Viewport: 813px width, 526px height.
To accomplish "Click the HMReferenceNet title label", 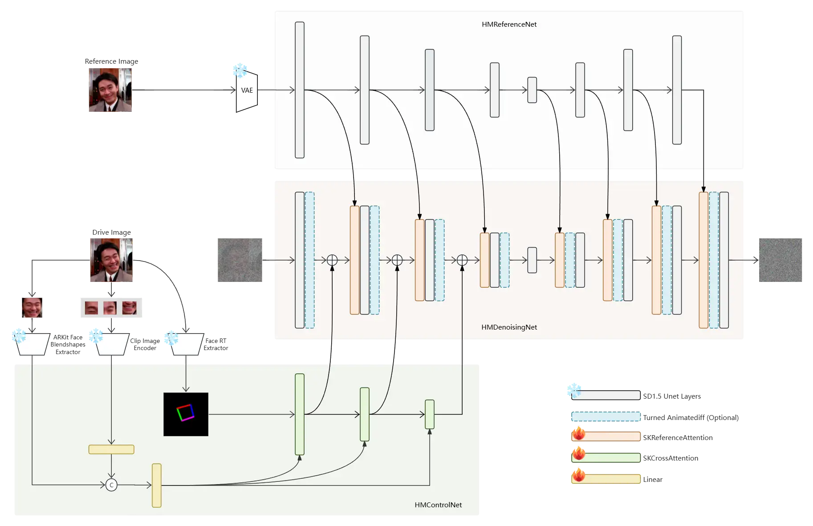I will click(x=509, y=24).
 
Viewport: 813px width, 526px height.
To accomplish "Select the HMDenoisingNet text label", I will click(x=509, y=327).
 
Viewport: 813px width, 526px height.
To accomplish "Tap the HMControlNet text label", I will click(x=438, y=505).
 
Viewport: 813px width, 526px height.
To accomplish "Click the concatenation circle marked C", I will click(x=111, y=485).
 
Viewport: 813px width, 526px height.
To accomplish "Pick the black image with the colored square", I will click(x=186, y=414).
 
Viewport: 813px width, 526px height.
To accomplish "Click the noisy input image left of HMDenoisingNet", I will click(x=240, y=260).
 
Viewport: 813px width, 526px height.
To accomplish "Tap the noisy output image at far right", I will click(x=781, y=260).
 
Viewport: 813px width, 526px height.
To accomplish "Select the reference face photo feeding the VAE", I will click(x=109, y=91).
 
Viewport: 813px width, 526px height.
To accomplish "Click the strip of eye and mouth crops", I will click(x=112, y=308).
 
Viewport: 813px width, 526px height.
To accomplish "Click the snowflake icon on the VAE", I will click(x=240, y=69).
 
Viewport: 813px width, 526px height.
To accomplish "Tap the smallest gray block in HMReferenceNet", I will click(x=532, y=90).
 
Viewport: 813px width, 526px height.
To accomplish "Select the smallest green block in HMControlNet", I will click(x=430, y=414).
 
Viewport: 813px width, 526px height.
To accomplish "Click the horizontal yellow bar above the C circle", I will click(x=111, y=449).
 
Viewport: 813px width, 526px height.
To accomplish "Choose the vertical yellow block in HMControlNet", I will click(x=157, y=485).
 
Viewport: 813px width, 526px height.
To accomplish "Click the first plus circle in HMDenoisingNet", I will click(x=332, y=260).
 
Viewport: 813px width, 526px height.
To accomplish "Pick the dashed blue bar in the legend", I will click(x=606, y=417).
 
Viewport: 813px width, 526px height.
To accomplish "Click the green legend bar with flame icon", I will click(x=606, y=457).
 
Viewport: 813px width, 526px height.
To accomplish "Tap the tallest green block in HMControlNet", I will click(x=300, y=414).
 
